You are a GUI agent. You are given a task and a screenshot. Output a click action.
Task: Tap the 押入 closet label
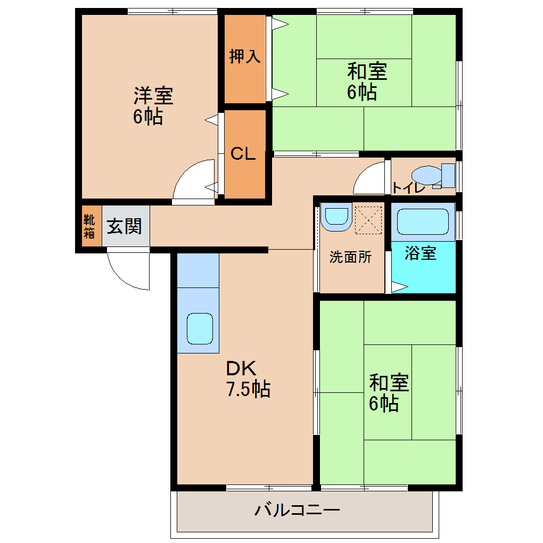pyautogui.click(x=244, y=56)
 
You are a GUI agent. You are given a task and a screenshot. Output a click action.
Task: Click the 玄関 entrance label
pyautogui.click(x=125, y=226)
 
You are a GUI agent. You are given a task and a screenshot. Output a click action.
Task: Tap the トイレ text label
pyautogui.click(x=408, y=187)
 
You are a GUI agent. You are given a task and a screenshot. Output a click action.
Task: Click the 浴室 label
pyautogui.click(x=420, y=253)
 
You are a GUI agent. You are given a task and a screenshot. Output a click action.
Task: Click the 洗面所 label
pyautogui.click(x=350, y=257)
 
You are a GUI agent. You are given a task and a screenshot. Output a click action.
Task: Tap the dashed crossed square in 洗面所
pyautogui.click(x=368, y=219)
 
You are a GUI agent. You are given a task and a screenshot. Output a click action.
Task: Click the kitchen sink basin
pyautogui.click(x=200, y=328)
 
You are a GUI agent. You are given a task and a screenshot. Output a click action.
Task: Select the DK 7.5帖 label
pyautogui.click(x=248, y=379)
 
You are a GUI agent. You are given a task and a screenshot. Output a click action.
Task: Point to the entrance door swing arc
pyautogui.click(x=128, y=271)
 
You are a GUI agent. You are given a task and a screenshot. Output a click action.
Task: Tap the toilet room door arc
pyautogui.click(x=368, y=180)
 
